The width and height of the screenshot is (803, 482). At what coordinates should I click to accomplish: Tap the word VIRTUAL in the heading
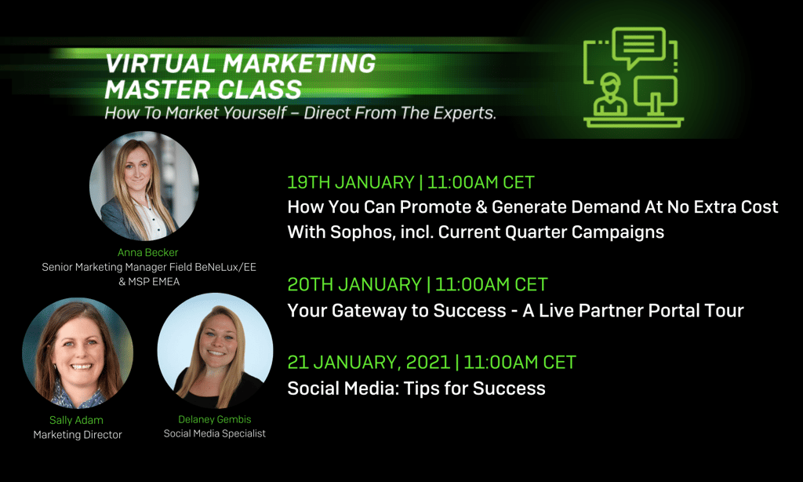[154, 62]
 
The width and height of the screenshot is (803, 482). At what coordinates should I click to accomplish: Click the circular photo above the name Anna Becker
[144, 185]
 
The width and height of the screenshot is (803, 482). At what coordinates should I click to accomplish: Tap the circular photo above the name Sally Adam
[78, 353]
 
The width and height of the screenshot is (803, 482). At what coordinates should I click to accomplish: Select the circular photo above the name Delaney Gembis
[215, 350]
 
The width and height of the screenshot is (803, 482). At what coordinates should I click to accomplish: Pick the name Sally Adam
[77, 420]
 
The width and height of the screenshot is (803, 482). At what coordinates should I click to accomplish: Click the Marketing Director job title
[78, 434]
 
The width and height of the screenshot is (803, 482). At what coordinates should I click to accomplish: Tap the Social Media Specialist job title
[214, 433]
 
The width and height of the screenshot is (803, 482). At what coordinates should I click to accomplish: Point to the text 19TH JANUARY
[351, 183]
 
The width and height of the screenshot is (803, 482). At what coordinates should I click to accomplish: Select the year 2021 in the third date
[427, 362]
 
